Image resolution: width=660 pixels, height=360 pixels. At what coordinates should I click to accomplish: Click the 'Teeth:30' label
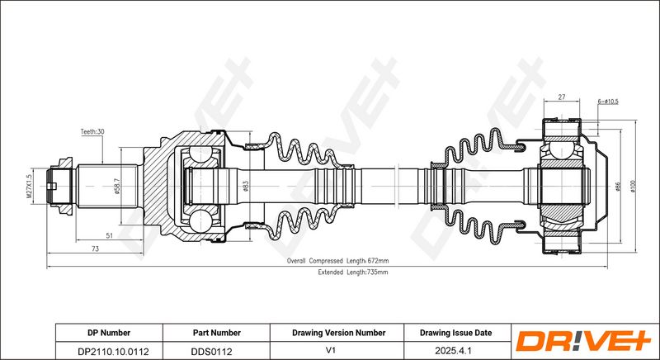click(92, 132)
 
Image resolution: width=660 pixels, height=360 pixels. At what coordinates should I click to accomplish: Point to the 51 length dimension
click(109, 236)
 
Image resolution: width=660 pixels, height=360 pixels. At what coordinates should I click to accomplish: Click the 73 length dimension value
click(97, 249)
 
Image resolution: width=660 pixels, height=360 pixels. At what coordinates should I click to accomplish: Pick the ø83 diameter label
click(246, 187)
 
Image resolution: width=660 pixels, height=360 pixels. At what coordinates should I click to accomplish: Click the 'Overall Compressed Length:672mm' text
click(337, 260)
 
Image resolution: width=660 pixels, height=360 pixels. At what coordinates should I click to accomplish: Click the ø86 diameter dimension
click(617, 187)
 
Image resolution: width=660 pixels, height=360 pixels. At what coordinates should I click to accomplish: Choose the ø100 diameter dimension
click(633, 187)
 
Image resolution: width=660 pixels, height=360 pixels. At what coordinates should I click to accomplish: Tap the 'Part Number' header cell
click(216, 333)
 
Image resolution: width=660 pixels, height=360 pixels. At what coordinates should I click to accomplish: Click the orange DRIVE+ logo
click(582, 341)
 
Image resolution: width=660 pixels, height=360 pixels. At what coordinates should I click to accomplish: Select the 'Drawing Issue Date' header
click(455, 333)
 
